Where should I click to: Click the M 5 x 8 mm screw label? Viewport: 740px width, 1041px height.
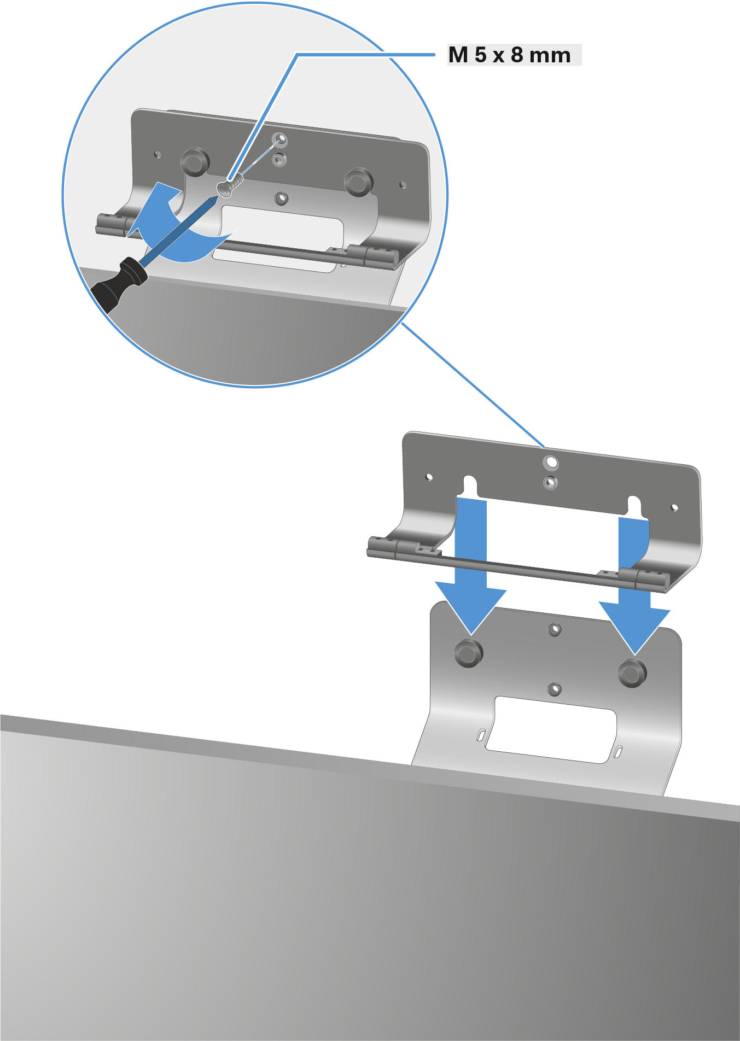tap(509, 55)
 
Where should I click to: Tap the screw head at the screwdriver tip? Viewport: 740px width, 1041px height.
tap(225, 189)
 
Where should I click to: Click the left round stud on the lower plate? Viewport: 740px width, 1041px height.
tap(469, 652)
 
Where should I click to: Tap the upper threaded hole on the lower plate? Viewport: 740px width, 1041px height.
tap(555, 630)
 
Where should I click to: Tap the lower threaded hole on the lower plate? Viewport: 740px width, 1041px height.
tap(555, 689)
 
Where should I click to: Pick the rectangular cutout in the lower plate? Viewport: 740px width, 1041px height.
tap(551, 729)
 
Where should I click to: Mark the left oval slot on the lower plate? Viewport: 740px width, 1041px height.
tap(481, 735)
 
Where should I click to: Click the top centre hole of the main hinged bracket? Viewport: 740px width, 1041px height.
tap(551, 463)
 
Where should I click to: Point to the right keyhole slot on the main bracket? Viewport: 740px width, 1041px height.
tap(634, 506)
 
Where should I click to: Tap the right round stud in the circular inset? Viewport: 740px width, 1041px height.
tap(358, 182)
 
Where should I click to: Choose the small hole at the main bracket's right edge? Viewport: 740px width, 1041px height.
tap(675, 508)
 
